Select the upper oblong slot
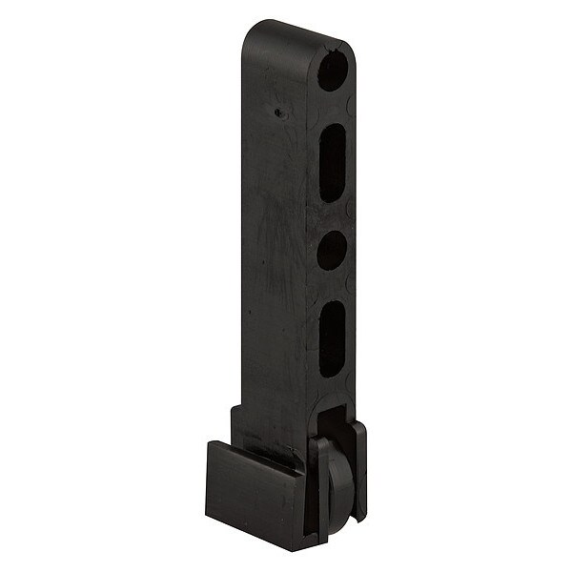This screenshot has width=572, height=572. [x=333, y=162]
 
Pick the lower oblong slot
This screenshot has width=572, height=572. [x=332, y=338]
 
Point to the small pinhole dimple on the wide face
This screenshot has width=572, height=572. [x=277, y=112]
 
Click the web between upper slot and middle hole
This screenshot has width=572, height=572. [x=333, y=214]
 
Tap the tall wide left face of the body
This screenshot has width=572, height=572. [x=276, y=238]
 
